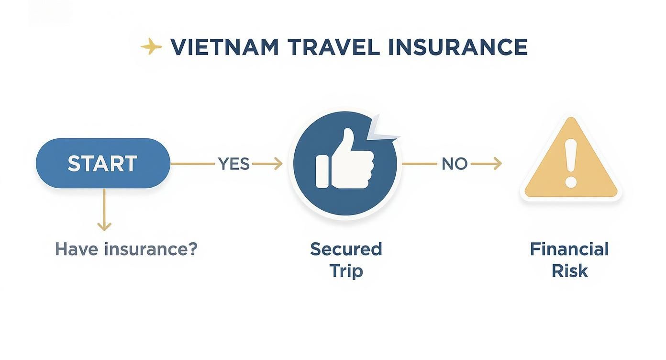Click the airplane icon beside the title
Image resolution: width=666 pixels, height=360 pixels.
[151, 46]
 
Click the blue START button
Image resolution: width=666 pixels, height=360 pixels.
[103, 164]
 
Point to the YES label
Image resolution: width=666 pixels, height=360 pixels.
[234, 164]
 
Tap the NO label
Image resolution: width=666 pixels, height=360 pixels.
[454, 164]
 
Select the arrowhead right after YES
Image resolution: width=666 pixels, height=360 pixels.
[277, 164]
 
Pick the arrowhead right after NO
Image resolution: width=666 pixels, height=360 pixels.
[497, 164]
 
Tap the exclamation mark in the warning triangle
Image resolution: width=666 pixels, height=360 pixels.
[571, 163]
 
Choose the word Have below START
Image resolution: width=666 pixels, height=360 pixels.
[77, 249]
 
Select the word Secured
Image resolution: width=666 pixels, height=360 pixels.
[346, 249]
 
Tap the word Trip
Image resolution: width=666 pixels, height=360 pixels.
[346, 271]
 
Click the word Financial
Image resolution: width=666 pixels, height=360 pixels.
[569, 249]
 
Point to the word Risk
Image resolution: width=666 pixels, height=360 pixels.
[569, 271]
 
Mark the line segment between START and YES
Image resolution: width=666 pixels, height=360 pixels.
[192, 164]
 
